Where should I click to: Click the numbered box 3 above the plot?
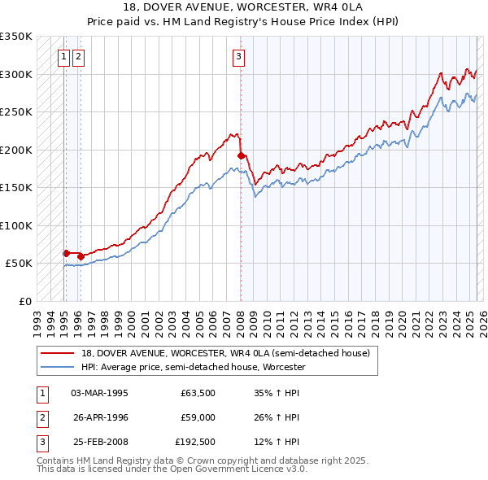click(239, 56)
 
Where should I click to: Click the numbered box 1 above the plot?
click(64, 56)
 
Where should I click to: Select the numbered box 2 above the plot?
click(78, 56)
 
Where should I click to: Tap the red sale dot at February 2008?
click(241, 155)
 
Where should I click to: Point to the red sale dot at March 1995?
click(66, 253)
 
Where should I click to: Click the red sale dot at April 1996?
click(81, 256)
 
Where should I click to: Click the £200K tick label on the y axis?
click(16, 150)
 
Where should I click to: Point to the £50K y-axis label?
click(20, 264)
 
